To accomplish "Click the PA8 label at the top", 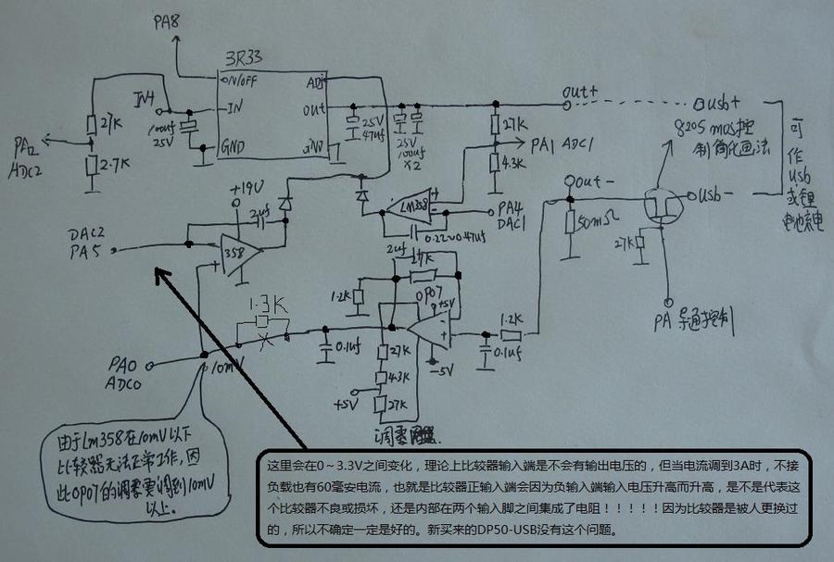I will pyautogui.click(x=167, y=20).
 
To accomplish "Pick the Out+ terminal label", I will pyautogui.click(x=581, y=92).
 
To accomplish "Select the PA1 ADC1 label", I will pyautogui.click(x=556, y=144).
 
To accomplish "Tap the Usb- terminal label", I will pyautogui.click(x=718, y=195).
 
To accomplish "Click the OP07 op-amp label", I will pyautogui.click(x=424, y=293).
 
